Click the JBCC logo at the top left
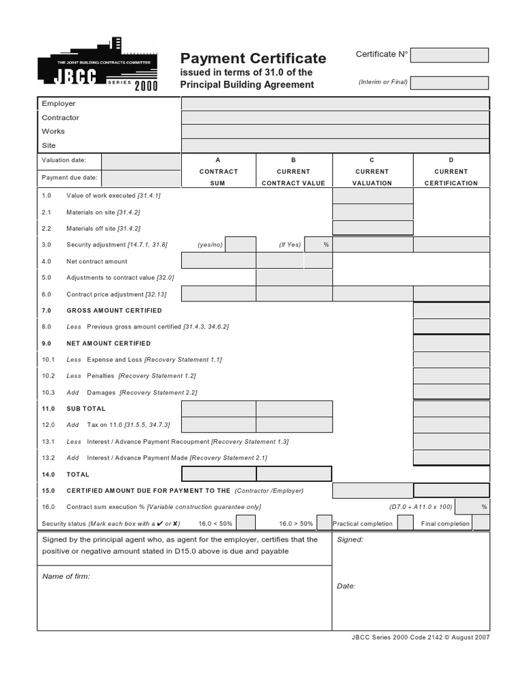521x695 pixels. (x=98, y=64)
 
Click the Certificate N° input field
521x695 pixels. (x=449, y=55)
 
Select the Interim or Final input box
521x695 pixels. (x=449, y=83)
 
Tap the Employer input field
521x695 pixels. (x=334, y=104)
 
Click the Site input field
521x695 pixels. (x=334, y=145)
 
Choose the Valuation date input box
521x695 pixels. (x=141, y=161)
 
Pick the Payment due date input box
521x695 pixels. (x=141, y=179)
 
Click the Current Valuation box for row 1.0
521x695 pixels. (x=372, y=195)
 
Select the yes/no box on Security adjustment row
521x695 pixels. (x=240, y=244)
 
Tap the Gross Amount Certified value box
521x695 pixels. (x=451, y=310)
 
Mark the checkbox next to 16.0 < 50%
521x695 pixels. (x=246, y=523)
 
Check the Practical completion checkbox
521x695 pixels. (x=405, y=523)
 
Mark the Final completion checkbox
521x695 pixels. (x=481, y=523)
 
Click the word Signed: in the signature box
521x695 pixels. (x=350, y=540)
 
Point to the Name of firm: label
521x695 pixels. (x=66, y=576)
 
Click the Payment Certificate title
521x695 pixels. (x=253, y=58)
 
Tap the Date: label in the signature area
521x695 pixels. (x=346, y=586)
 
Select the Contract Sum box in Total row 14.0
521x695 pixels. (x=218, y=474)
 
